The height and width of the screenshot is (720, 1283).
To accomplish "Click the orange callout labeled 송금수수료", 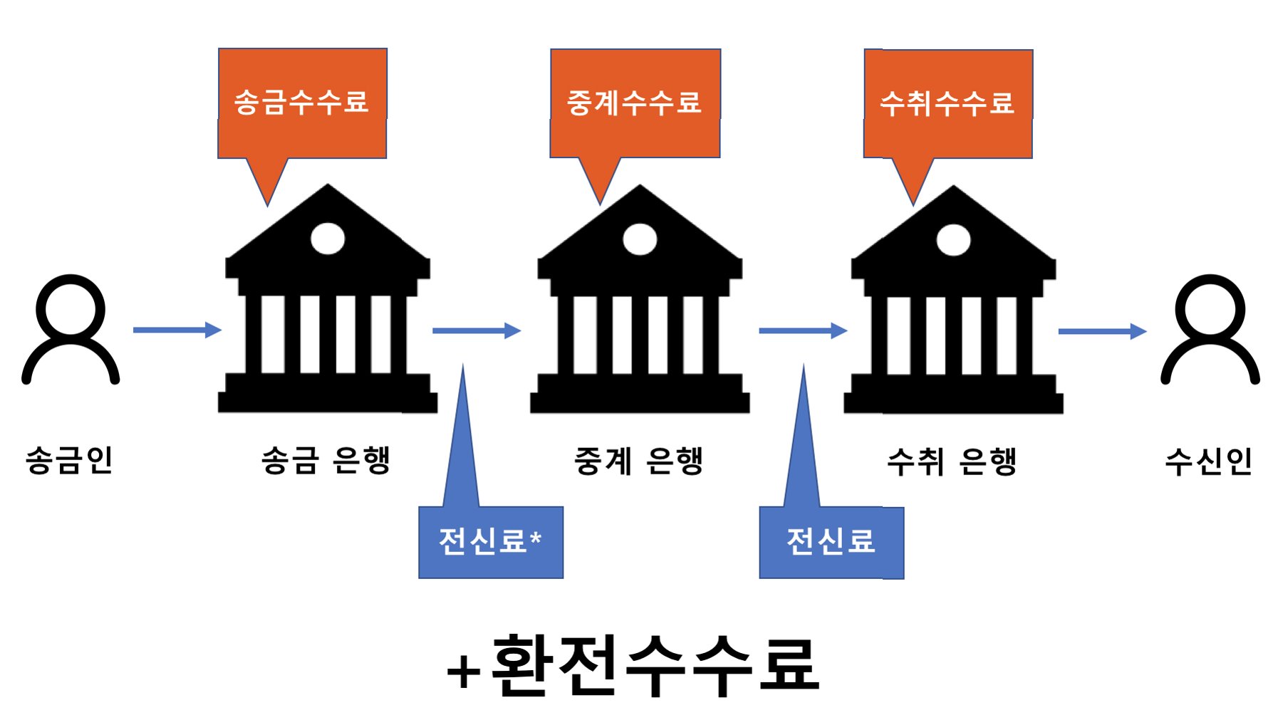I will point(302,103).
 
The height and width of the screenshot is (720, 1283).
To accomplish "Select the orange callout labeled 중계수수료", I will point(635,103).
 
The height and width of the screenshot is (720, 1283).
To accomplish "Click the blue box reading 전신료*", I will point(491,542).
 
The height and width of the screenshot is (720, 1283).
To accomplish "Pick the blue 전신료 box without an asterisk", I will point(831,542).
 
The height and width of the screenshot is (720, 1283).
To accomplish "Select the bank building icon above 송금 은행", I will point(328,299).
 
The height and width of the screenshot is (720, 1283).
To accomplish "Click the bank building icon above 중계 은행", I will point(640,299).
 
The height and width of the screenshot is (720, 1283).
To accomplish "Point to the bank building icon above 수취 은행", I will point(953,299).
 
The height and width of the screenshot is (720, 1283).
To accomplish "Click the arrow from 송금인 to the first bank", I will point(177,330).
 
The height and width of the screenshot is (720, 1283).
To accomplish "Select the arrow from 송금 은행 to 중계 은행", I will point(477,330).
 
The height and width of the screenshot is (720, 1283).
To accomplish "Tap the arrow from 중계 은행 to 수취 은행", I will point(803,330).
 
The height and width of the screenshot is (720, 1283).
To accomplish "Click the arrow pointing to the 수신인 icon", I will point(1102,331).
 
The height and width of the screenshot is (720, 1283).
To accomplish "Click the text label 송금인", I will point(70,460).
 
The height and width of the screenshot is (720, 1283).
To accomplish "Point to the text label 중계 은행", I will point(639,461).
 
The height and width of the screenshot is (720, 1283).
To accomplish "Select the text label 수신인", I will point(1209,461).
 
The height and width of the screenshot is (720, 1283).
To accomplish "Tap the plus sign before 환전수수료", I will point(464,672).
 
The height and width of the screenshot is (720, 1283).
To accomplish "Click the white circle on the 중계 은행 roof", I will point(640,239).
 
